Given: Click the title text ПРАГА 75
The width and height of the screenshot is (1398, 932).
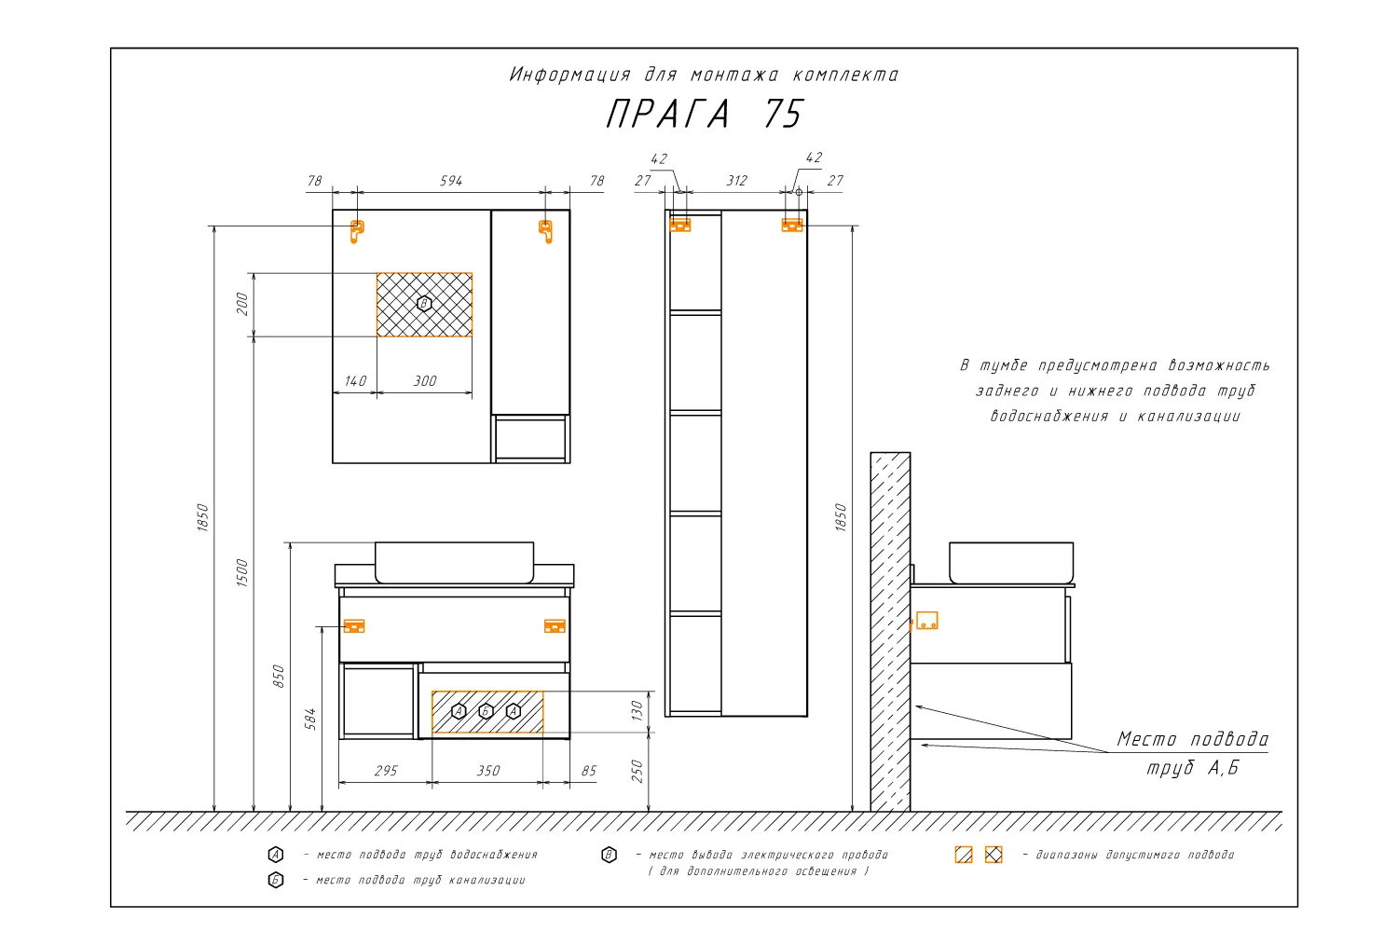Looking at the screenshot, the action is pyautogui.click(x=705, y=114).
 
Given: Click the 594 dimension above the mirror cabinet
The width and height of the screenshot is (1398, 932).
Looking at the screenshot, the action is pyautogui.click(x=450, y=181).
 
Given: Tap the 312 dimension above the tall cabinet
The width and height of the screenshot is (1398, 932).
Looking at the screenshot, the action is pyautogui.click(x=736, y=181).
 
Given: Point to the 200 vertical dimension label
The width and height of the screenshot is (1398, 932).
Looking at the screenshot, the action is pyautogui.click(x=242, y=304).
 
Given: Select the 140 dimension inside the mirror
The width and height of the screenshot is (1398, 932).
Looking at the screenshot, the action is pyautogui.click(x=355, y=381).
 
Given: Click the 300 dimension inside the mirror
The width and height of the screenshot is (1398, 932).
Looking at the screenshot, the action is pyautogui.click(x=425, y=381).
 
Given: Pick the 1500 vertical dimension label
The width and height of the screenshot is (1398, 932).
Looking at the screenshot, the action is pyautogui.click(x=242, y=572).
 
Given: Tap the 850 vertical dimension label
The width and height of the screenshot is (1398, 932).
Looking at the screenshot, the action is pyautogui.click(x=279, y=676).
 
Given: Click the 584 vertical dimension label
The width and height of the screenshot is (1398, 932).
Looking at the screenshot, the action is pyautogui.click(x=310, y=720).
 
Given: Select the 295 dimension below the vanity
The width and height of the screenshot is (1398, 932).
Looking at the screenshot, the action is pyautogui.click(x=386, y=771).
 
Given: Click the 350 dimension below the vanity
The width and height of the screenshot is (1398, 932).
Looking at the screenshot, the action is pyautogui.click(x=488, y=771).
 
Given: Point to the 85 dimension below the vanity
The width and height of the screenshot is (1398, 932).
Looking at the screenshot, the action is pyautogui.click(x=589, y=771).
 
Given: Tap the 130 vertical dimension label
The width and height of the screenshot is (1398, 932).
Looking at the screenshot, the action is pyautogui.click(x=637, y=710).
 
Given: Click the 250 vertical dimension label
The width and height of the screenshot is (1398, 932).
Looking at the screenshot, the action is pyautogui.click(x=637, y=771).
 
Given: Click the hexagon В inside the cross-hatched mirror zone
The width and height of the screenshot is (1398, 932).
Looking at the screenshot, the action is pyautogui.click(x=424, y=304).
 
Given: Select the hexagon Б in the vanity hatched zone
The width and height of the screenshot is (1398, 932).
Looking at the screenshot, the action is pyautogui.click(x=486, y=711).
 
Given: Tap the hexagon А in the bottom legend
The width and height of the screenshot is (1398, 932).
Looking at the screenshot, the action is pyautogui.click(x=275, y=854).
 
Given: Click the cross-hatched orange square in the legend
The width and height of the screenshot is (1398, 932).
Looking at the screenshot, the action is pyautogui.click(x=994, y=855).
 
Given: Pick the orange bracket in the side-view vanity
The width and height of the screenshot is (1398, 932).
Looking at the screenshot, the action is pyautogui.click(x=926, y=621).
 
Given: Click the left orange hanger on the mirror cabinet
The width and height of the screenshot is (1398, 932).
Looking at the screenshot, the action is pyautogui.click(x=356, y=231).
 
